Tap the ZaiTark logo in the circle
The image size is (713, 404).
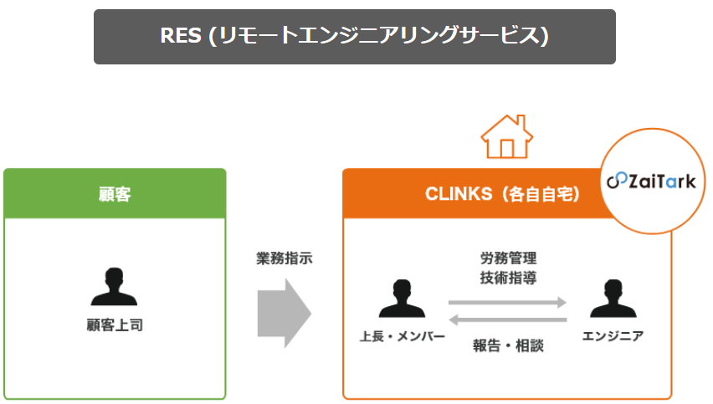[652, 181]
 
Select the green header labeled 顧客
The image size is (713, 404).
[115, 194]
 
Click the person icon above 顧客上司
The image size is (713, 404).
[115, 289]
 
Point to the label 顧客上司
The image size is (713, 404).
[115, 325]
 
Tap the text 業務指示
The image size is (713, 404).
[284, 259]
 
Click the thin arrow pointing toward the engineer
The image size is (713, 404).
[508, 302]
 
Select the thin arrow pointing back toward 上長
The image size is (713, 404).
[508, 319]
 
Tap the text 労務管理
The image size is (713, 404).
[508, 258]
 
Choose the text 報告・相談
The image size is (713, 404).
[508, 344]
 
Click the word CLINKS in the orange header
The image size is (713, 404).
[459, 194]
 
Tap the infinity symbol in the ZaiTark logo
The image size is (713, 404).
[616, 182]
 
